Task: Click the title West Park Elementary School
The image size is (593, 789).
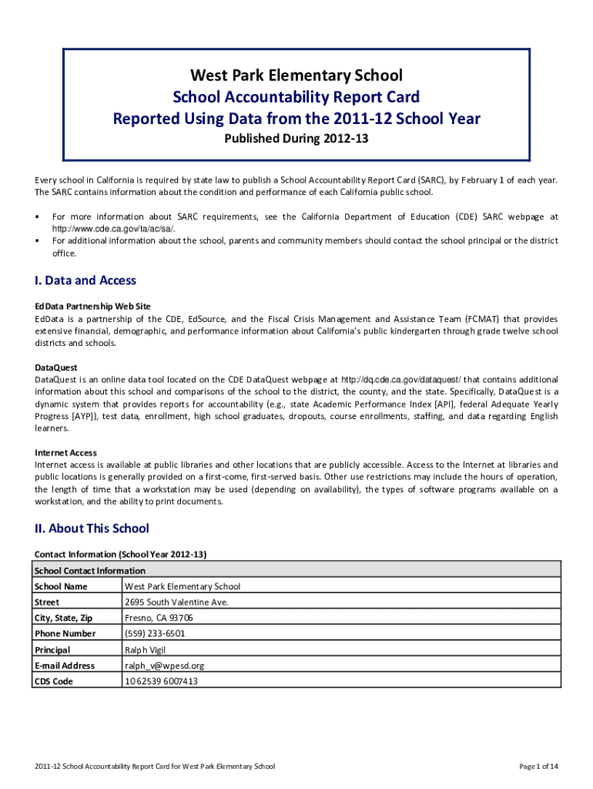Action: coord(296,76)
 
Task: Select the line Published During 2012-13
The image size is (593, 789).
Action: coord(296,139)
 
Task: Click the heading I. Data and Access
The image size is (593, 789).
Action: coord(85,280)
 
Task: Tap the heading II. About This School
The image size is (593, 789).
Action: coord(92,529)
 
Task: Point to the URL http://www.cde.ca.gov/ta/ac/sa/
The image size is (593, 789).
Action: coord(113,229)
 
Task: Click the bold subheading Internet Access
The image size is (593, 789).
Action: coord(65,452)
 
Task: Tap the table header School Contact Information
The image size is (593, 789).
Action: coord(90,571)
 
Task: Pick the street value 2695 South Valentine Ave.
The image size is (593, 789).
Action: coord(176,603)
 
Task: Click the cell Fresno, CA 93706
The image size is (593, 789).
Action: coord(159,618)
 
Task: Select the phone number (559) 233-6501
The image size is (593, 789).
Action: coord(154,633)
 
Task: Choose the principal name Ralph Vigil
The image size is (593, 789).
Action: coord(146,650)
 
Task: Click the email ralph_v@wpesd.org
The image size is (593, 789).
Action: coord(164,666)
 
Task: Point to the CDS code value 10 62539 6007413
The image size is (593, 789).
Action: coord(161,681)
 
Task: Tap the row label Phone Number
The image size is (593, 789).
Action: coord(65,633)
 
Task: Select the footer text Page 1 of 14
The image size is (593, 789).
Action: coord(538,766)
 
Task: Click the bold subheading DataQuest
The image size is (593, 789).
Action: coord(56,368)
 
